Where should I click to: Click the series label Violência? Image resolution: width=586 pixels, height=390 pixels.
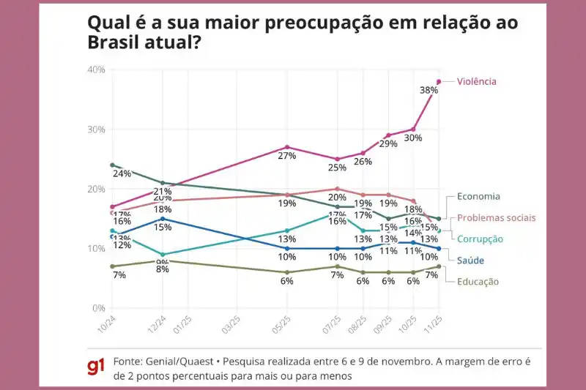point(476,81)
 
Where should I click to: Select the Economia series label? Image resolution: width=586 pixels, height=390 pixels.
point(478,196)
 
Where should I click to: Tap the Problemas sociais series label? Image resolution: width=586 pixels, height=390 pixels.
point(497,217)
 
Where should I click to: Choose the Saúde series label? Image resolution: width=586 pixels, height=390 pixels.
point(470,260)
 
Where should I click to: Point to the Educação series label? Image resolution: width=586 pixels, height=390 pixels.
point(478,281)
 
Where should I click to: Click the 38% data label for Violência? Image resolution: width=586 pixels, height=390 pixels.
point(429,91)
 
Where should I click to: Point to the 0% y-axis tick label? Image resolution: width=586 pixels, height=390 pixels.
point(99,308)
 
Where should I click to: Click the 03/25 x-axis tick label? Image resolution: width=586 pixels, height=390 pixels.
point(231,324)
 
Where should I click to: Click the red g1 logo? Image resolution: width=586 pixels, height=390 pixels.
point(96,368)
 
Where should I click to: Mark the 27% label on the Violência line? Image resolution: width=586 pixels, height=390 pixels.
point(287,156)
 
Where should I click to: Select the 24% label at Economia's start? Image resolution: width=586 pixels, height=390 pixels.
point(122,174)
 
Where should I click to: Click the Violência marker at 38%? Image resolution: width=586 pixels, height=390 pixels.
point(439,81)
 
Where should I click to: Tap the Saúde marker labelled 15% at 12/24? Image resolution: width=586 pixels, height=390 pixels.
point(163,219)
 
